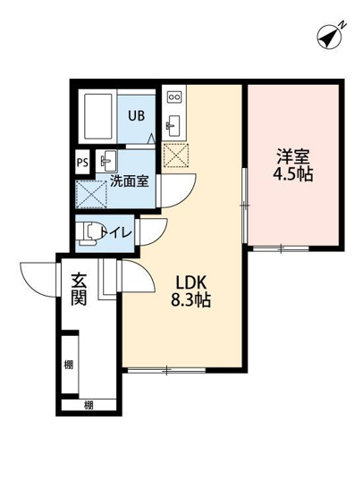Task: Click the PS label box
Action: [81, 163]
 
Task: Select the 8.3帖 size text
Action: [191, 301]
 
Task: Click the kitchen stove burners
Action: [173, 94]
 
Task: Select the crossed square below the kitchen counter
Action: [173, 156]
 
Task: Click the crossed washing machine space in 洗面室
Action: [91, 193]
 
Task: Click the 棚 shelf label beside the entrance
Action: [69, 365]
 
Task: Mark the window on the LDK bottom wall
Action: [166, 369]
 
